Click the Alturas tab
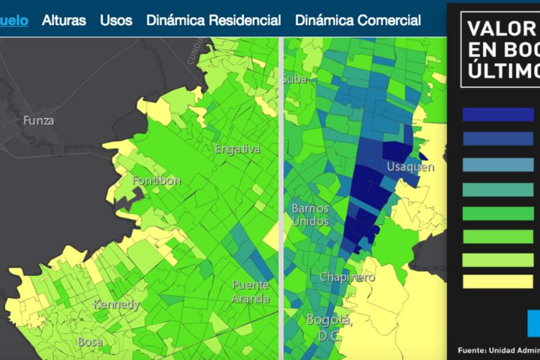click(64, 20)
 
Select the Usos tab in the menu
click(116, 20)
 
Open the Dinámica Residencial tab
click(214, 20)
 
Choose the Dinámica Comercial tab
click(358, 20)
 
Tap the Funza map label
click(39, 120)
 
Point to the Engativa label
click(237, 149)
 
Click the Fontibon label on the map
click(157, 180)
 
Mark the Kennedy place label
click(117, 305)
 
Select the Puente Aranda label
click(251, 291)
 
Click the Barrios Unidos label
click(310, 215)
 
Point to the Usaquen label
click(410, 167)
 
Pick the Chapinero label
click(347, 277)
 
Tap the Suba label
click(295, 79)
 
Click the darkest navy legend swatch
click(498, 115)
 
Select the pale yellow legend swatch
click(498, 281)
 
